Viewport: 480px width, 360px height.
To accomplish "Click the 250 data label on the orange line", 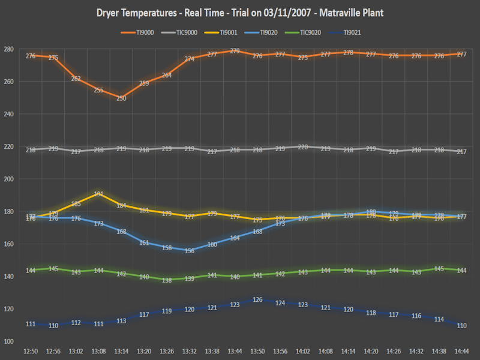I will click(121, 98).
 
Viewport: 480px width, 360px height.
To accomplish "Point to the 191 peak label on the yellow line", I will click(98, 194).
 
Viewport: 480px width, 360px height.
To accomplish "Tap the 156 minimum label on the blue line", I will click(190, 251).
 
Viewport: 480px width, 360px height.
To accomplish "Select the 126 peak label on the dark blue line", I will click(257, 299).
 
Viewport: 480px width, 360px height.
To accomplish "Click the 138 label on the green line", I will click(167, 280).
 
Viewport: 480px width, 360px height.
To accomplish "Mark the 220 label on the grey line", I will click(303, 147).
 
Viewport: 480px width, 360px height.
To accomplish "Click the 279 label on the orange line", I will click(235, 51).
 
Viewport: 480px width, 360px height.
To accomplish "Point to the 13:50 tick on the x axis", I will click(257, 350).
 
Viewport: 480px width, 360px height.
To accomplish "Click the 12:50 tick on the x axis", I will click(31, 350).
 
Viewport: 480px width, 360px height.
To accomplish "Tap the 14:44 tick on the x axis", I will click(461, 350).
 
